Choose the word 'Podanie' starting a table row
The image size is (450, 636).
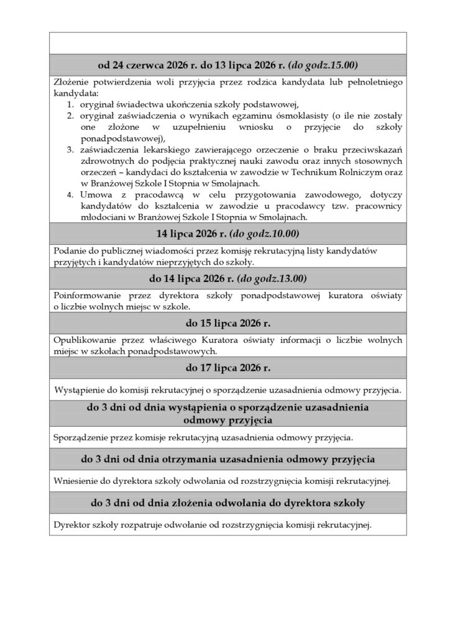pyautogui.click(x=69, y=250)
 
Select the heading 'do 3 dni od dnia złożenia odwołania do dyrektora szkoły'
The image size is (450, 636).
pyautogui.click(x=227, y=502)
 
